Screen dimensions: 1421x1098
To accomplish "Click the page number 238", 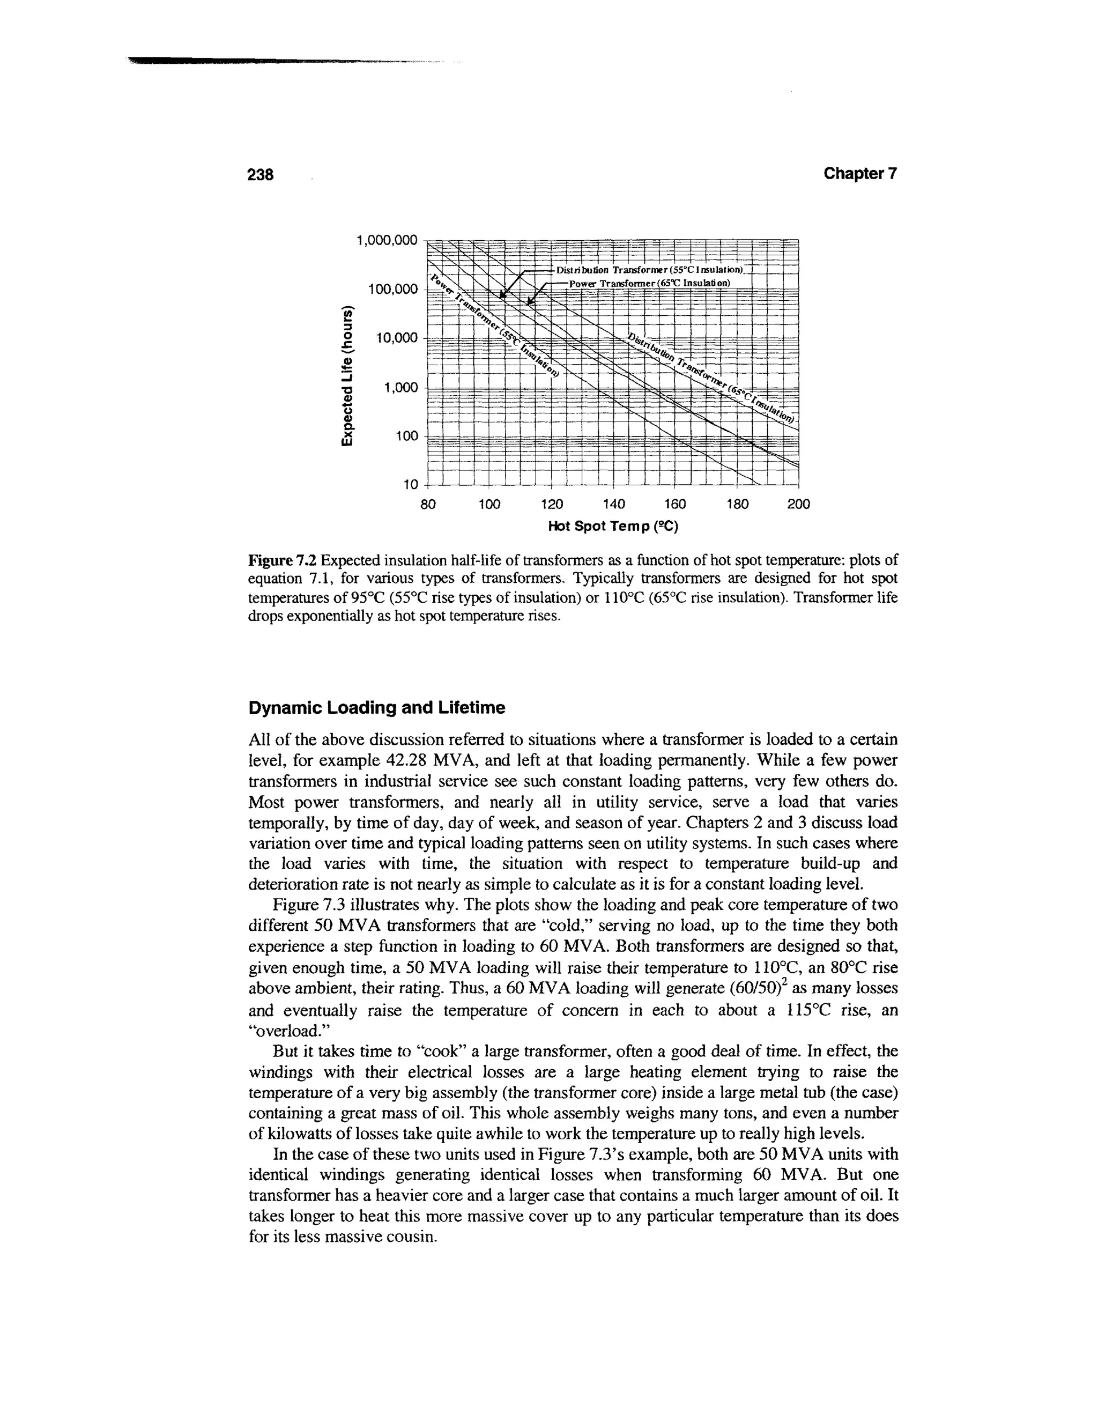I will [x=262, y=175].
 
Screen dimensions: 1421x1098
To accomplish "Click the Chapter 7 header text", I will [x=860, y=174].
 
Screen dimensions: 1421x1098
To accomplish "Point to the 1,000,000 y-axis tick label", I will [x=387, y=241].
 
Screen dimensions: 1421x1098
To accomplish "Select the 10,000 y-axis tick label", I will [x=396, y=338].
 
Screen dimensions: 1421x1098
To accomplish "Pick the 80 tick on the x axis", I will [x=428, y=504].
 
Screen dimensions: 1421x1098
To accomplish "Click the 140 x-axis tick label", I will [x=613, y=504].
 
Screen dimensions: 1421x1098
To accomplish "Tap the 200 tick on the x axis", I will [x=798, y=504].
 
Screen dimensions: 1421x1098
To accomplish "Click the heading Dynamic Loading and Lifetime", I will [x=376, y=708].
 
